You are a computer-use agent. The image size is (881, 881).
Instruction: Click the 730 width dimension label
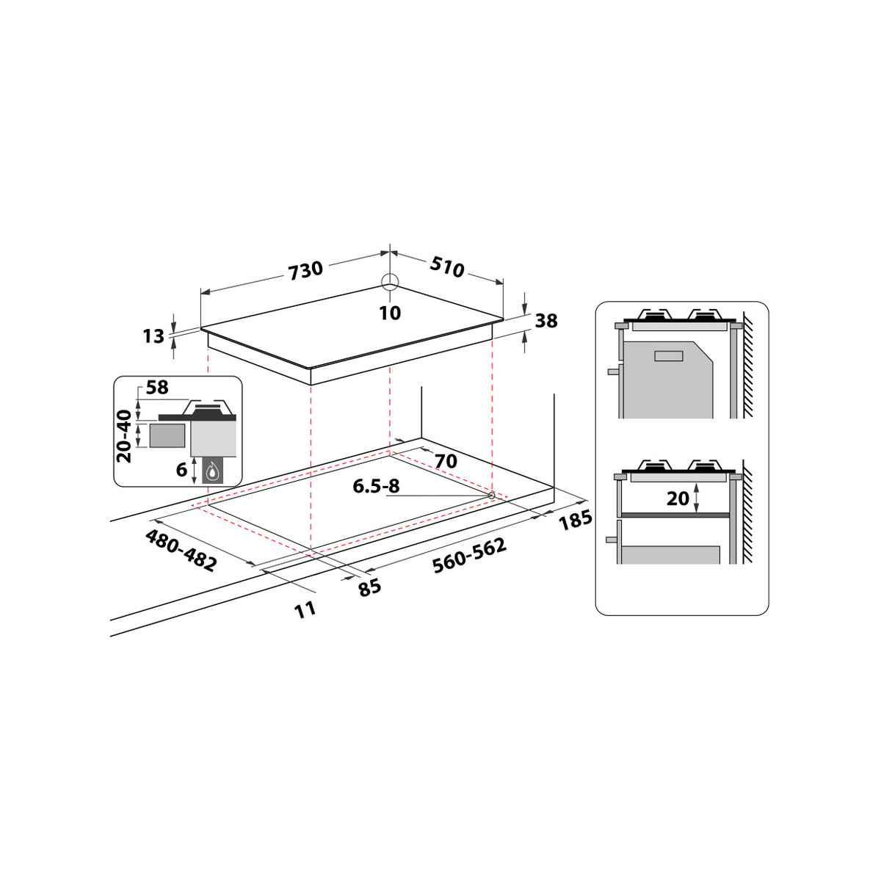305,270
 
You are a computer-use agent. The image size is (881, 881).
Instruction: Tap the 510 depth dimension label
446,267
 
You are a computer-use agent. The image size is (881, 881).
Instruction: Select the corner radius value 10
390,313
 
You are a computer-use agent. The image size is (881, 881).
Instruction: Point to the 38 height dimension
546,321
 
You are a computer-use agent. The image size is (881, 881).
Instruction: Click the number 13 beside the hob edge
153,336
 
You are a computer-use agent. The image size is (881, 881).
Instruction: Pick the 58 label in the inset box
157,388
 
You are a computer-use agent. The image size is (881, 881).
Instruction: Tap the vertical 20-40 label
124,435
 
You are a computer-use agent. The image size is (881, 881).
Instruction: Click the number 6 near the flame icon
181,470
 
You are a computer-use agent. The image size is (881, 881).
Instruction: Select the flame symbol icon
212,471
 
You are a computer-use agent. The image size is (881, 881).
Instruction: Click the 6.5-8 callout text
377,487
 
